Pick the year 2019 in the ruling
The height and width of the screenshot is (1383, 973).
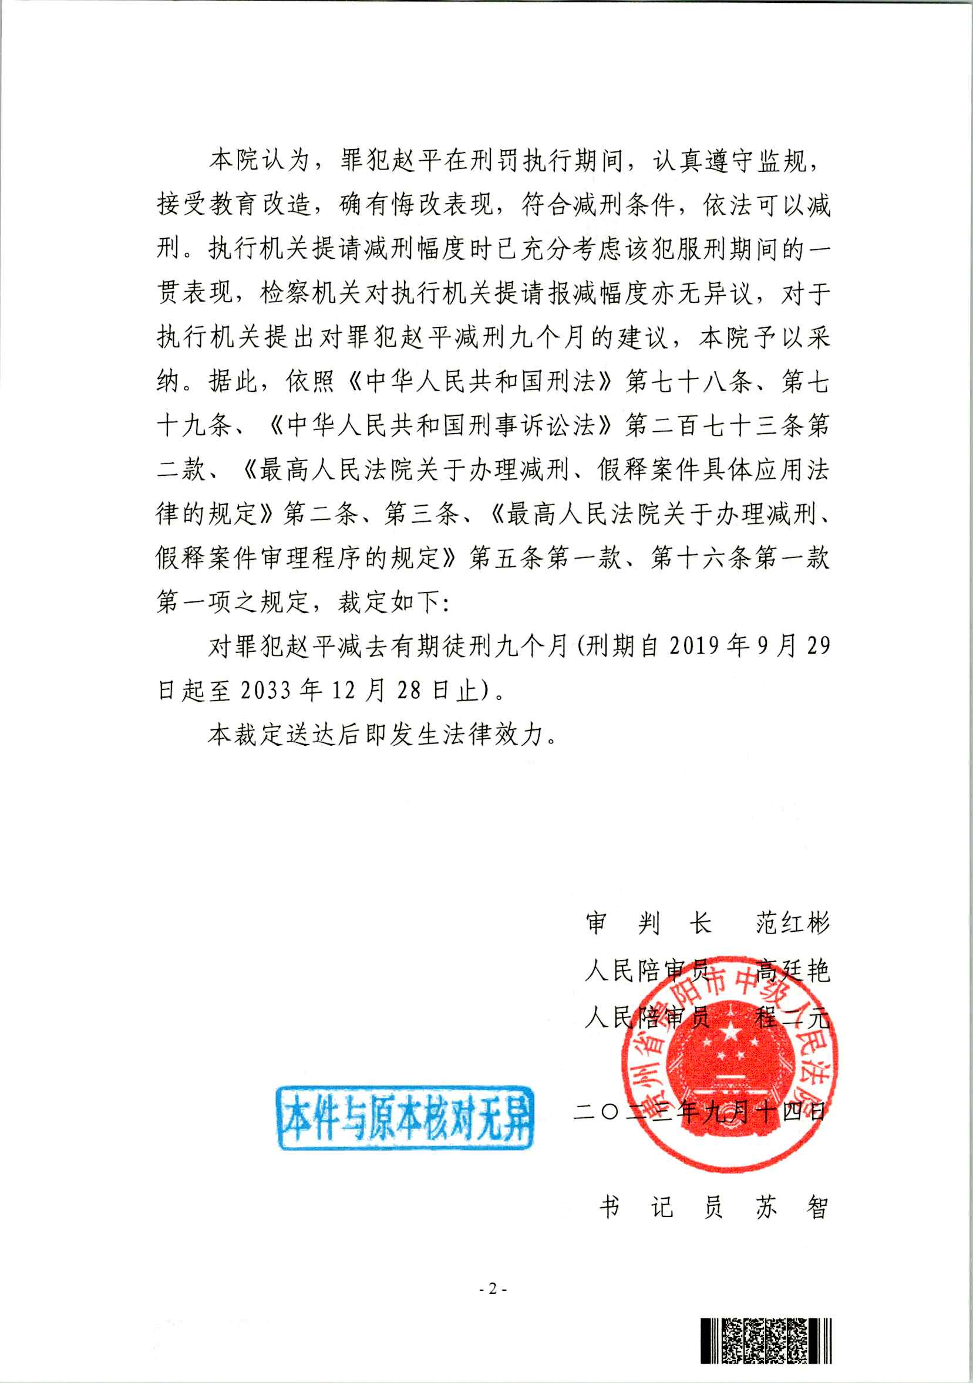[694, 647]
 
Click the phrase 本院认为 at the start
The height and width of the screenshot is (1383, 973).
[259, 160]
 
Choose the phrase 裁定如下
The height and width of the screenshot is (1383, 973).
[389, 602]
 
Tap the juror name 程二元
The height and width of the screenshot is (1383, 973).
[793, 1019]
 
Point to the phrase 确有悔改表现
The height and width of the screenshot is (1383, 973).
[417, 205]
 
